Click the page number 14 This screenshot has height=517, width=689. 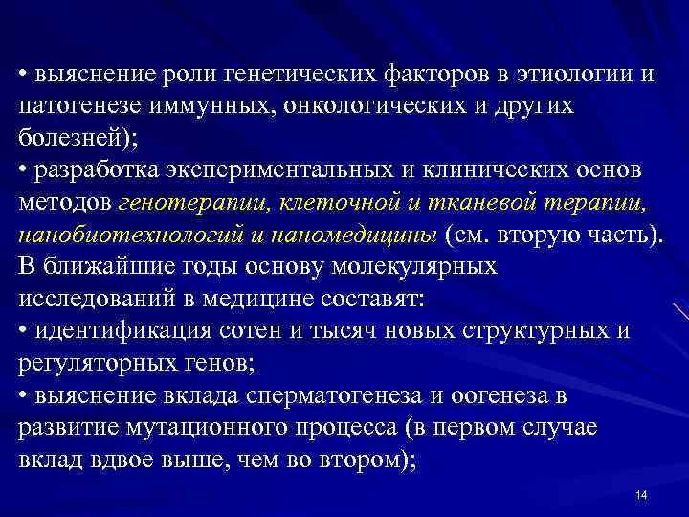point(641,494)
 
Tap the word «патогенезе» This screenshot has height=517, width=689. point(78,106)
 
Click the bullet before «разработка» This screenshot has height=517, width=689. point(23,169)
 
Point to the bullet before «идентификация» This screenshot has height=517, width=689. point(23,330)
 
